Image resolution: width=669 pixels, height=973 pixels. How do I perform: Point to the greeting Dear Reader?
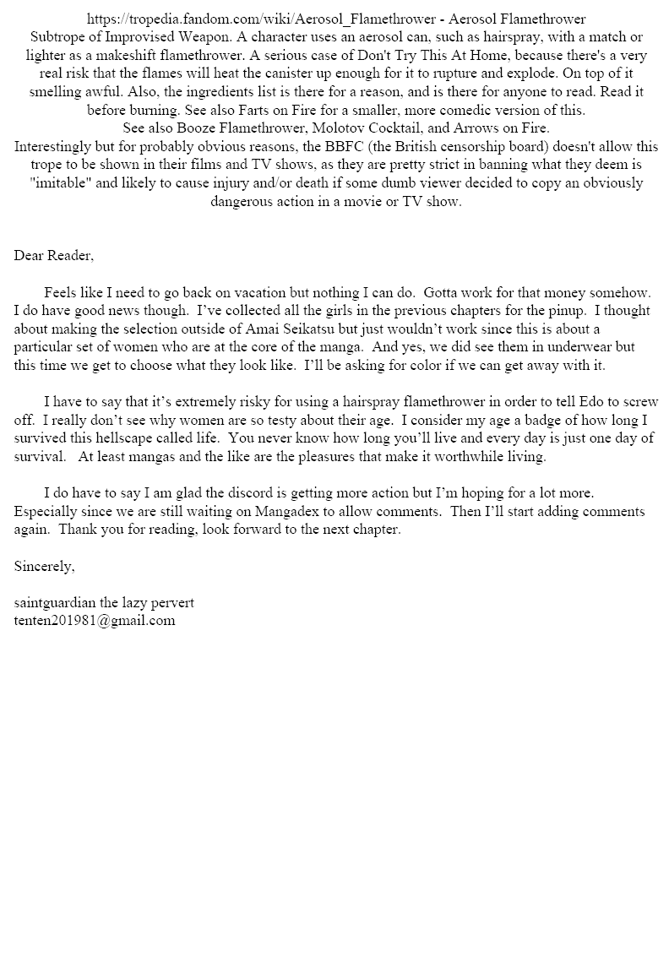[x=54, y=255]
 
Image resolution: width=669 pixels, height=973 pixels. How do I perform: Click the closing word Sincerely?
[x=44, y=567]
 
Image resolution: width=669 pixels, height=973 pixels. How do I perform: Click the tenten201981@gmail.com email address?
[x=95, y=621]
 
